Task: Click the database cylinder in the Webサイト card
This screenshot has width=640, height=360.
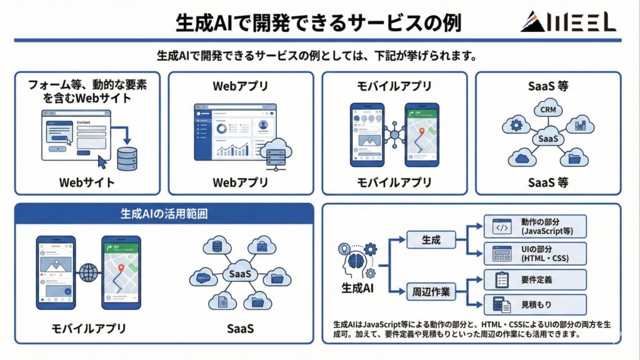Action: click(x=127, y=159)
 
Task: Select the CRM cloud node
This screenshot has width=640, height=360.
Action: click(x=548, y=111)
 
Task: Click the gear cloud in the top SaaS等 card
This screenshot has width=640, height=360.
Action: click(x=517, y=124)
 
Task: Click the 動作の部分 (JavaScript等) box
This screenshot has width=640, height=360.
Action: click(x=536, y=226)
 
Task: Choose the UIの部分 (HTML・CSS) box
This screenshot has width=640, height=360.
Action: click(x=536, y=254)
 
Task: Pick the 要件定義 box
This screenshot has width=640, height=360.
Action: click(x=536, y=279)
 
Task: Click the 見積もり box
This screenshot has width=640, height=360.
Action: click(x=536, y=305)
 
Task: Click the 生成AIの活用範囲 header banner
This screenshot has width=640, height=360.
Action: click(x=164, y=214)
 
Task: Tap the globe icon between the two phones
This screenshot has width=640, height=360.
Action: click(x=89, y=272)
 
